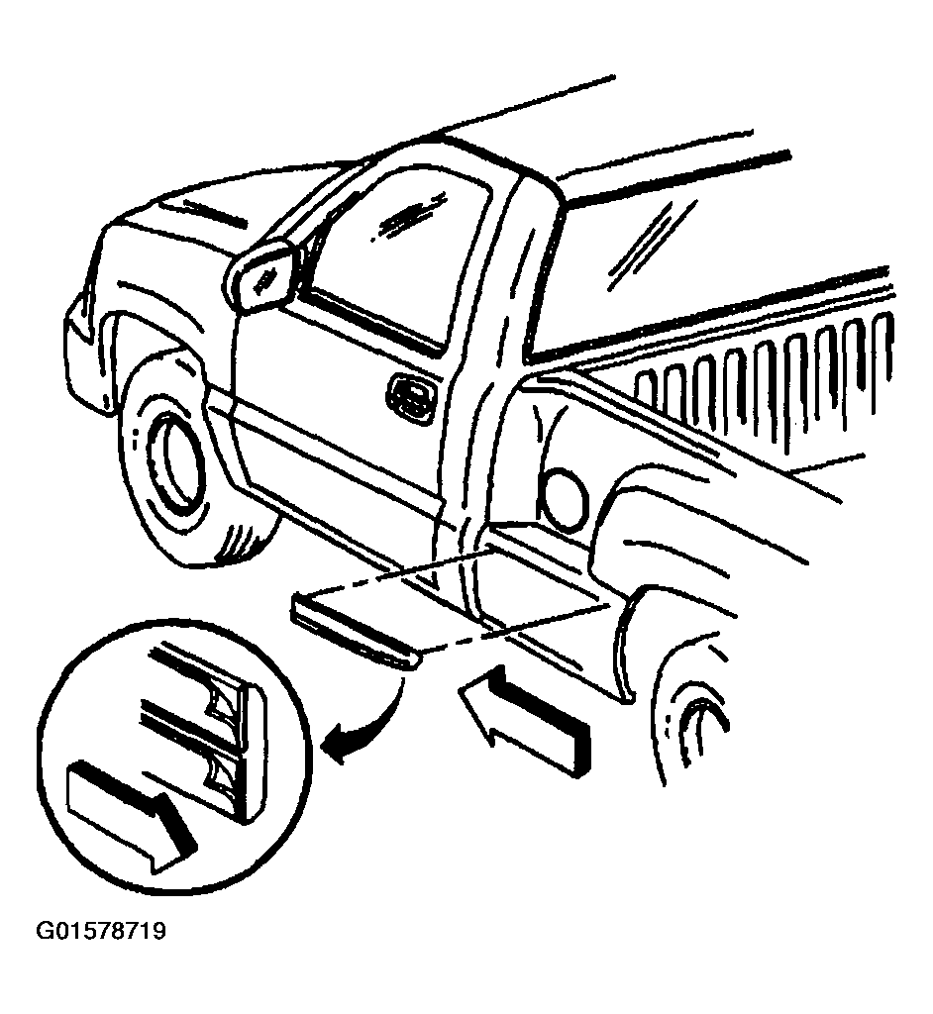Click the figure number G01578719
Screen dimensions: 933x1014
(102, 931)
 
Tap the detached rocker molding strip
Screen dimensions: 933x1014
(356, 627)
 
